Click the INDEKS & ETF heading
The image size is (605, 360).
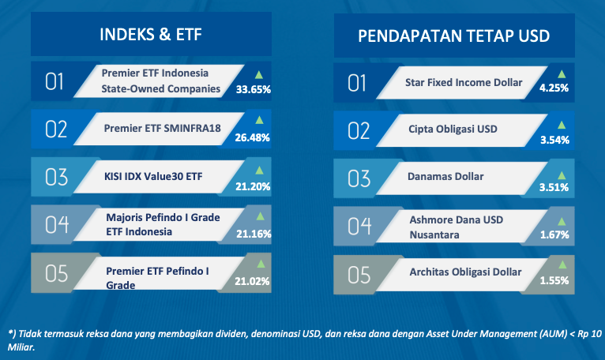click(151, 34)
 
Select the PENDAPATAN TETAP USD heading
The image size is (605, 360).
click(453, 36)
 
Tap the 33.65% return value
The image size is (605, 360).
click(253, 89)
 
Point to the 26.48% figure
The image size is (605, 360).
click(252, 137)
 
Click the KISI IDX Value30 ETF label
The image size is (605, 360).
click(153, 176)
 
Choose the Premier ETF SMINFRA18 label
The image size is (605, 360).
click(162, 128)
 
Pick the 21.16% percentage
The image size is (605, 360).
click(254, 234)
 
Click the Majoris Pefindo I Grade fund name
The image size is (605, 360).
click(163, 217)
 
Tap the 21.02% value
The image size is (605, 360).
click(252, 281)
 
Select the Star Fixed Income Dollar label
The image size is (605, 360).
click(464, 82)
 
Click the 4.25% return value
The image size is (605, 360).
click(554, 88)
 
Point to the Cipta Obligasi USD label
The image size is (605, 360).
click(453, 129)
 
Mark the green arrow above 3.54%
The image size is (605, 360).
click(562, 125)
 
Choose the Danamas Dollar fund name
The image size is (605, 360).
click(445, 176)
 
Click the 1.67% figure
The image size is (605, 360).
click(554, 234)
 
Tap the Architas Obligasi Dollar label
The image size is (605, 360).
click(465, 272)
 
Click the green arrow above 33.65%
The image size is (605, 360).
click(259, 75)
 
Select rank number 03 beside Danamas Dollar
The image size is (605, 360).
click(359, 178)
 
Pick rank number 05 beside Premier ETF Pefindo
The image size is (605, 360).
click(56, 274)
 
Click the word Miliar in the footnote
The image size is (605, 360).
click(21, 347)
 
